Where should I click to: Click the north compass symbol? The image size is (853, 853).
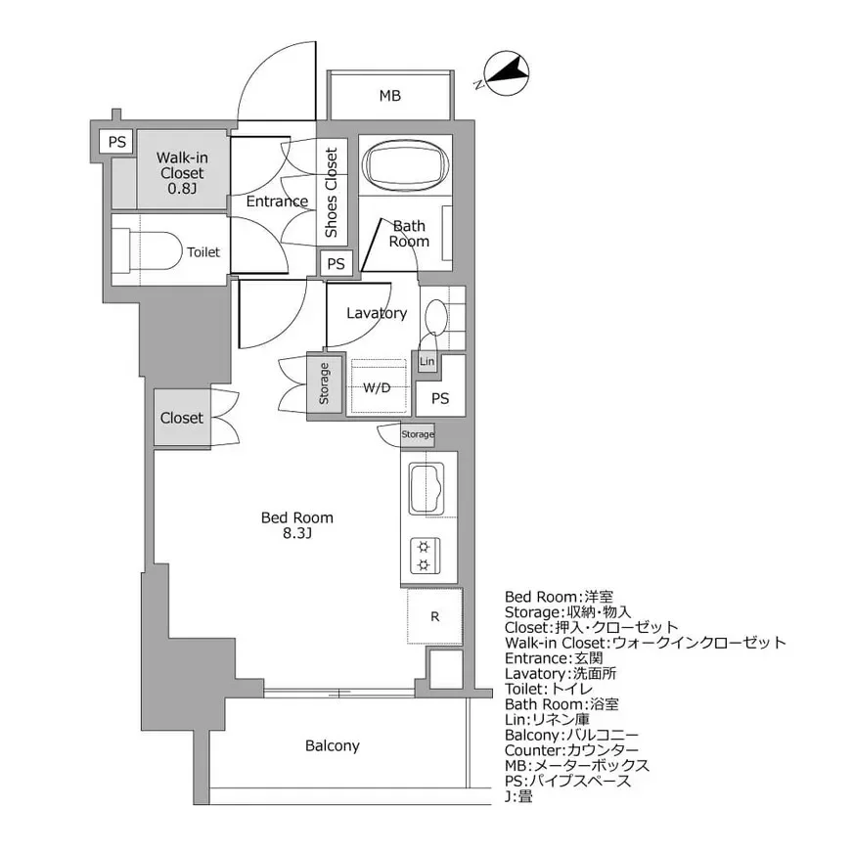(x=506, y=74)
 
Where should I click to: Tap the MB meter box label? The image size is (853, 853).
(x=390, y=96)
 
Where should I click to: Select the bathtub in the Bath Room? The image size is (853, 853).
(x=405, y=165)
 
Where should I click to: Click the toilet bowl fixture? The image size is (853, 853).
(x=147, y=251)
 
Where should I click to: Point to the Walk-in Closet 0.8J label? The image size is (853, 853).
(x=182, y=173)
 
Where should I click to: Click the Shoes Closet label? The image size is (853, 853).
(x=332, y=193)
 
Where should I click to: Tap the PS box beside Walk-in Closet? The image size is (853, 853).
(x=117, y=142)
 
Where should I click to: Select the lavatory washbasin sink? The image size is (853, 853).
(x=435, y=316)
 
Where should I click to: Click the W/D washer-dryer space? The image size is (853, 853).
(x=378, y=386)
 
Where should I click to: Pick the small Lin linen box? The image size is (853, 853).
(x=427, y=361)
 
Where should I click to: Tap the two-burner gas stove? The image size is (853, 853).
(x=425, y=556)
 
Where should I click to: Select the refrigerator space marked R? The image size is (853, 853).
(x=434, y=616)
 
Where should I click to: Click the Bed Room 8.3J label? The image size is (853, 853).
(x=297, y=525)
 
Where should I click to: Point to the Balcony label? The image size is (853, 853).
(x=333, y=745)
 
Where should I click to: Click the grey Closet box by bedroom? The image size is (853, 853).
(x=182, y=418)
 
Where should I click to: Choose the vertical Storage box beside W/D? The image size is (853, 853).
(x=324, y=383)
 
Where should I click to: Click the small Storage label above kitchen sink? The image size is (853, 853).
(x=418, y=434)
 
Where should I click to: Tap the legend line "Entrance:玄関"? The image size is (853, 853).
(x=554, y=658)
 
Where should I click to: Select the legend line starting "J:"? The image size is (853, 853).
(x=518, y=797)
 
